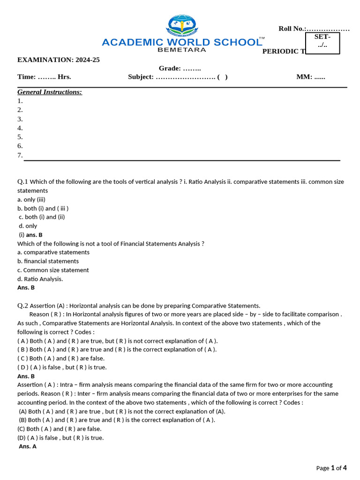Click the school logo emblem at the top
182,26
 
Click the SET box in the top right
322,43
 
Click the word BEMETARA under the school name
182,49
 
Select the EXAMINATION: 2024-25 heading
59,60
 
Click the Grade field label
170,68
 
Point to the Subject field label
141,77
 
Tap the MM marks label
304,77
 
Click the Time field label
26,77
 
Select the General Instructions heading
50,92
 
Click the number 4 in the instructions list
20,128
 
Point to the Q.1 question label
23,181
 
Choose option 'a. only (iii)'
31,199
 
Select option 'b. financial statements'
48,261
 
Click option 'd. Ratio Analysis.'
40,279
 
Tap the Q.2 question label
23,306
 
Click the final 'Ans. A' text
28,446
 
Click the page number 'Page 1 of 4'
331,468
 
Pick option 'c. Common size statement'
53,270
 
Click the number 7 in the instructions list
20,155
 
